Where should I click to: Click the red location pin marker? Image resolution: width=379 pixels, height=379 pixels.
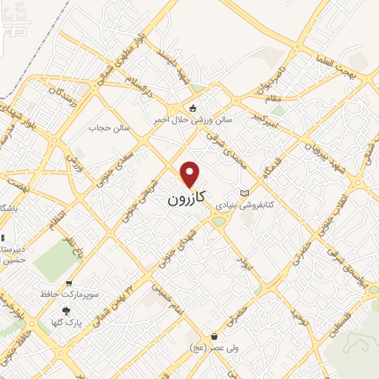click(x=190, y=174)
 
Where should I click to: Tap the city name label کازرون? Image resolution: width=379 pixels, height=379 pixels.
click(x=184, y=199)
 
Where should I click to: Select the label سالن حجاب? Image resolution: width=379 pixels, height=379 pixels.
click(x=110, y=127)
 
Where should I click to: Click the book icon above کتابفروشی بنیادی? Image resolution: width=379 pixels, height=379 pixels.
click(x=245, y=193)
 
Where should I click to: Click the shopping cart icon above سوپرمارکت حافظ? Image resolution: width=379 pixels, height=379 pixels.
click(x=69, y=284)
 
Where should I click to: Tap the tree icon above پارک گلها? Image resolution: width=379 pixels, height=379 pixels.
click(x=67, y=312)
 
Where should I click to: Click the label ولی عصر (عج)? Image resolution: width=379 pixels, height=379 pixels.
click(x=209, y=347)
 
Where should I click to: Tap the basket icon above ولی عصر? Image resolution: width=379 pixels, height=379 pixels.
click(x=214, y=337)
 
